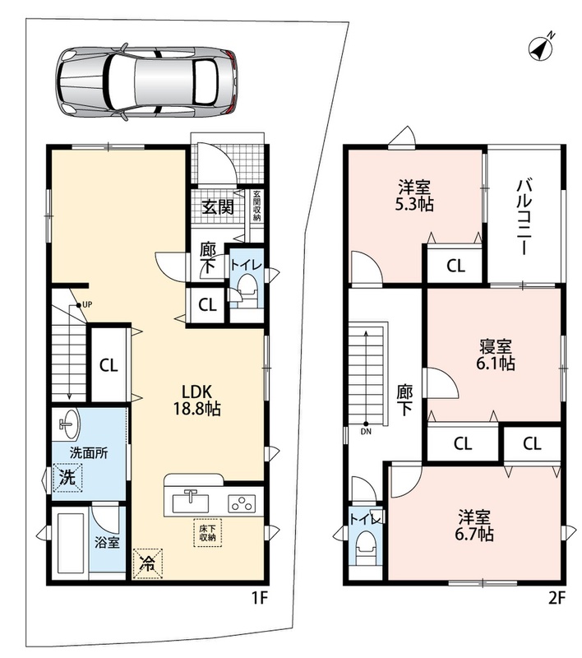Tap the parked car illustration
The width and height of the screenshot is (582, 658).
coord(146,81)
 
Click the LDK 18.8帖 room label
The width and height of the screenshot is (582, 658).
coord(197,400)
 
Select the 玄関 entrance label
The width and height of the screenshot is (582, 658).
coord(218,207)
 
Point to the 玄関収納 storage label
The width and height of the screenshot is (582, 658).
coord(257,206)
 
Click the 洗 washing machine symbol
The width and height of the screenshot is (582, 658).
coord(67,477)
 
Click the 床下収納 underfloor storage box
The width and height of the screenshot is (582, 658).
coord(207,533)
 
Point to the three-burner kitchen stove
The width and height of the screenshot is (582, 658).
coord(242,503)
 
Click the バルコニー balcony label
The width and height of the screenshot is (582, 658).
coord(524,216)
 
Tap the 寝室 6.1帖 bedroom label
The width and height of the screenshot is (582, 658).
coord(495,355)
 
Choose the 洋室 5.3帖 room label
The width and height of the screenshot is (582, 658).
coord(414,195)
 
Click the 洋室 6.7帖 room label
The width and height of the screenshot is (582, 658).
coord(474,526)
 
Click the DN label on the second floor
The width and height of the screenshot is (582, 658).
coord(366,431)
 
